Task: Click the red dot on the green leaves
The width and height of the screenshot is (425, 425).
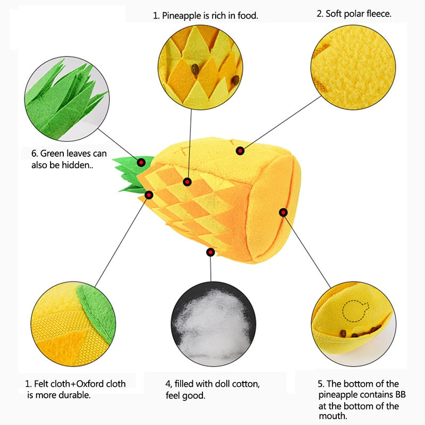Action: point(141,163)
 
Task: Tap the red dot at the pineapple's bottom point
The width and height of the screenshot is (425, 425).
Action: point(210,252)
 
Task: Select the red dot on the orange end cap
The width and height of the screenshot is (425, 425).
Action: point(283,212)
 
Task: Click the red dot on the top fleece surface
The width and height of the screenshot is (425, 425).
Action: point(240,151)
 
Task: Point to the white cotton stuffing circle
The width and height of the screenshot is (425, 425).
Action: point(214,324)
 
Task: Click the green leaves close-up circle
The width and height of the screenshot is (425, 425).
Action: point(67,99)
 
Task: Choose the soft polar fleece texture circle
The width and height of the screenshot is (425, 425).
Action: point(353,67)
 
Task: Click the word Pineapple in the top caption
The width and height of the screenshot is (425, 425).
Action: point(181,16)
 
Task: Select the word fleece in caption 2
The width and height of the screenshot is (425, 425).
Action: point(379,14)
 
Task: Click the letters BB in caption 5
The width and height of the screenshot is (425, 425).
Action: point(401,394)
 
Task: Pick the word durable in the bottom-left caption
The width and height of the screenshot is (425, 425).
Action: point(74,395)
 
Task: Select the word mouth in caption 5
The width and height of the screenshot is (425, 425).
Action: point(333,416)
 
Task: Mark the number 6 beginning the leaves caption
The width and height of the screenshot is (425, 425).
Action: point(35,154)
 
